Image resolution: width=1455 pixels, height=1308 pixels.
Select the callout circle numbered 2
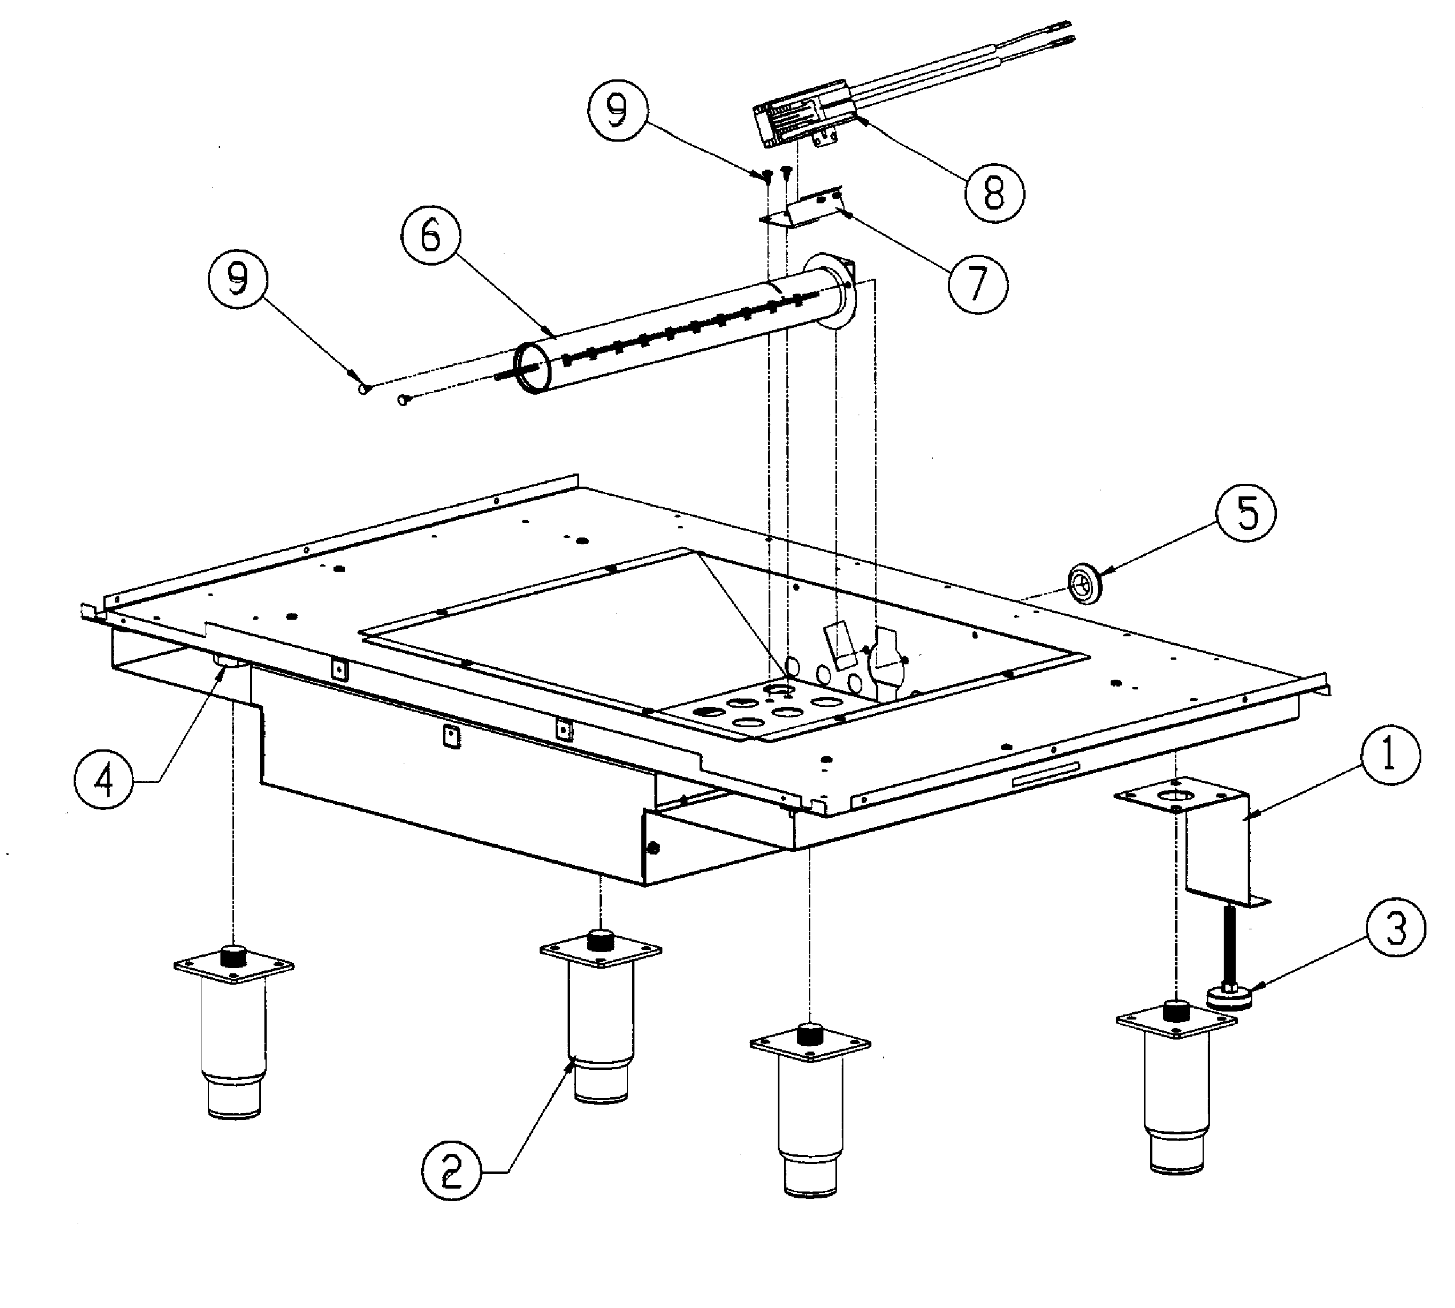pos(451,1170)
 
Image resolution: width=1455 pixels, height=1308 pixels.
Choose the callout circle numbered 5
pos(1246,513)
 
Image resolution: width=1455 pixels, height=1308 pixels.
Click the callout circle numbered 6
pos(431,236)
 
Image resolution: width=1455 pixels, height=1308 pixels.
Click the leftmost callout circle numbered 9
pos(237,279)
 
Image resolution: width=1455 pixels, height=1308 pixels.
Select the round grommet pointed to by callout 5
pos(1083,584)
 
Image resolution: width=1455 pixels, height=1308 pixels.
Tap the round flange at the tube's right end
pos(832,290)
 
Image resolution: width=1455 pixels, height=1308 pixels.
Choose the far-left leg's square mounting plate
pos(234,966)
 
